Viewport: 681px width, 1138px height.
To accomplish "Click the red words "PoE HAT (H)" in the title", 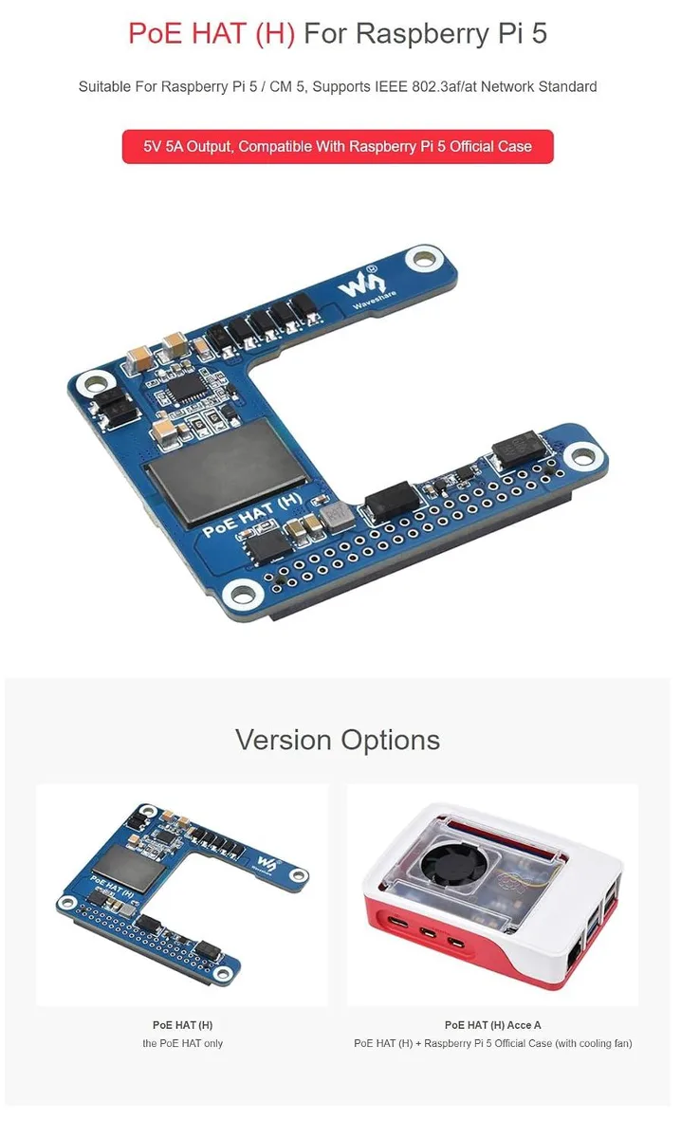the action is click(212, 33).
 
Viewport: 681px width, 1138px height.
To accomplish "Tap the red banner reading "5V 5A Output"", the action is click(338, 147).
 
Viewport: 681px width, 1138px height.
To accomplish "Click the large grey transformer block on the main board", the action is click(228, 471).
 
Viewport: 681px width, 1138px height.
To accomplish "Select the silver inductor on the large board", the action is click(338, 516).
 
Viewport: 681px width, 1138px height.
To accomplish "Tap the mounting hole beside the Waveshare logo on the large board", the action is click(423, 260).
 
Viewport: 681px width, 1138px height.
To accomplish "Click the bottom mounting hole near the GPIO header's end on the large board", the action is click(243, 594).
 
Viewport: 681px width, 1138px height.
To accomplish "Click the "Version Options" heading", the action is click(338, 740).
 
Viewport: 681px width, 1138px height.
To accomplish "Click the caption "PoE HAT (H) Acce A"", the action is click(492, 1025).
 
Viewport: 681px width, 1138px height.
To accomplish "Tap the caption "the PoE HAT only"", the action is click(182, 1043).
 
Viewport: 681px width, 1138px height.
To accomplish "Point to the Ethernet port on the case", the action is click(574, 959).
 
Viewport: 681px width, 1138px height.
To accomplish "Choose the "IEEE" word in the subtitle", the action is click(391, 87).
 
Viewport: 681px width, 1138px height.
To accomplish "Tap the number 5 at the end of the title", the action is click(539, 33).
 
